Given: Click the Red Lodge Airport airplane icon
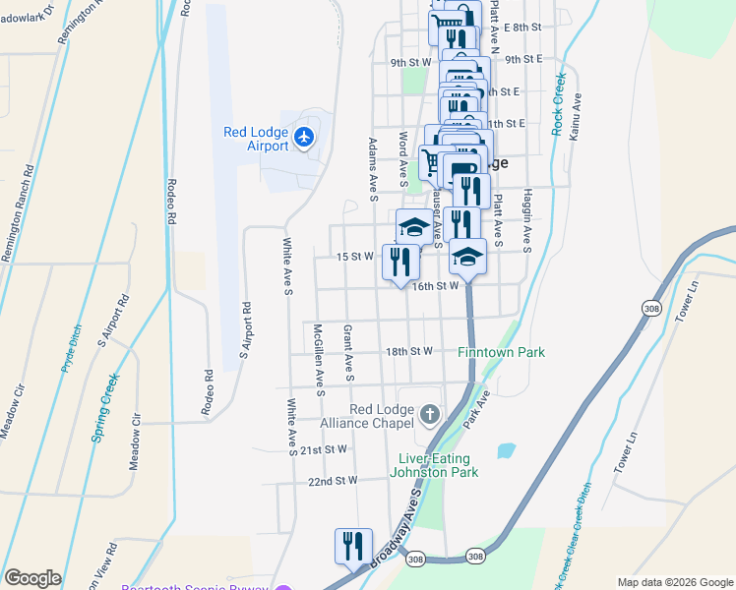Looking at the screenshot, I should click(304, 137).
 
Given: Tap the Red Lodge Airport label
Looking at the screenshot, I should click(256, 140).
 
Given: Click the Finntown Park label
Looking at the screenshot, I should click(501, 352).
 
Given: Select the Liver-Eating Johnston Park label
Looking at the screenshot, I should click(438, 465).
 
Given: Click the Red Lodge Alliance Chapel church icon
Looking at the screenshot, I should click(430, 415).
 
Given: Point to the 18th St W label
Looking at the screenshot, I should click(409, 351).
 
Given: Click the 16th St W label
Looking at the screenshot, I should click(436, 286).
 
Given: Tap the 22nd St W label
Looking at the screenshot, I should click(332, 482).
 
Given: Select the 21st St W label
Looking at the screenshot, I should click(324, 449).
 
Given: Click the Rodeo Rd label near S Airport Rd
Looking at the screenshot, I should click(209, 390).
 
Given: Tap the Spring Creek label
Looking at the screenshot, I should click(107, 407).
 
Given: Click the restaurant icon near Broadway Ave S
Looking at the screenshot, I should click(353, 546).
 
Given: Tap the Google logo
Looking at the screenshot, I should click(32, 578).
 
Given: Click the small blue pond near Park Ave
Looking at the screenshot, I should click(506, 451).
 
